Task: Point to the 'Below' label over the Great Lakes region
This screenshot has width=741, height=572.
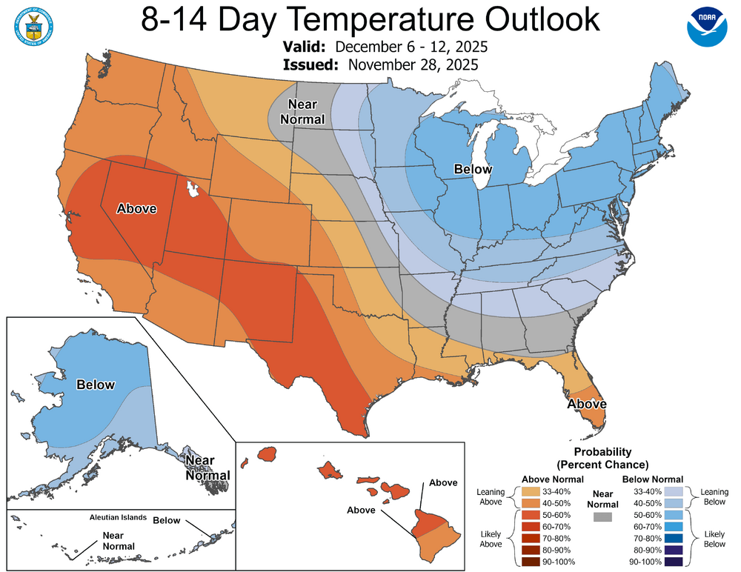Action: click(x=473, y=170)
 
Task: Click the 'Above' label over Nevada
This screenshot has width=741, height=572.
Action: click(x=137, y=208)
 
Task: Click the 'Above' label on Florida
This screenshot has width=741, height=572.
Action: click(x=587, y=404)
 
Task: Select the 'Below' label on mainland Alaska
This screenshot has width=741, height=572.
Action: click(x=96, y=385)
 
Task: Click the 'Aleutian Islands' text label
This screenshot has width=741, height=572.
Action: click(x=117, y=517)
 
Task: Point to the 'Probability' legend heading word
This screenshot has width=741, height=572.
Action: click(x=602, y=451)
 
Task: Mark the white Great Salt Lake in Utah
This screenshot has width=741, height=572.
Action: click(x=194, y=190)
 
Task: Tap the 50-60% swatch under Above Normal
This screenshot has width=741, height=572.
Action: click(x=530, y=514)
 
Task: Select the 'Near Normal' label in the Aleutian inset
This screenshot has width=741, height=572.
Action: click(x=119, y=541)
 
